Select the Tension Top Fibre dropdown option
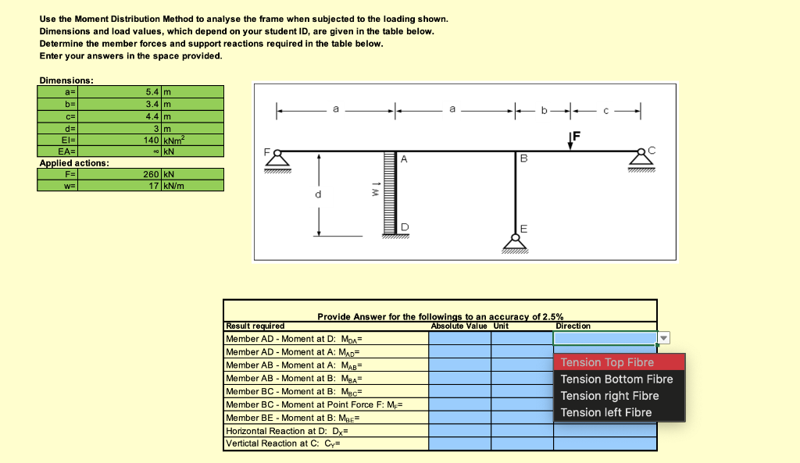(x=607, y=362)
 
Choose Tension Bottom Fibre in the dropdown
(x=616, y=379)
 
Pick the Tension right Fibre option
(x=609, y=396)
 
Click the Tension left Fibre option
(x=605, y=412)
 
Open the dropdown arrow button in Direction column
(x=664, y=338)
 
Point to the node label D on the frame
(x=404, y=227)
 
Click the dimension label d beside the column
(x=318, y=194)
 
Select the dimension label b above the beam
(x=544, y=111)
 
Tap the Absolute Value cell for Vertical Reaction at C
(x=459, y=443)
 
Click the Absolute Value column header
(x=459, y=326)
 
